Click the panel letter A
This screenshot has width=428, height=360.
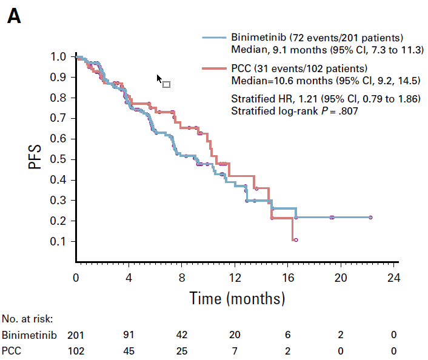(x=13, y=16)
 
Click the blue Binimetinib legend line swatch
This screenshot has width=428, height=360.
(x=214, y=38)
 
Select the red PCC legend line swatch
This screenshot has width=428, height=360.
(x=214, y=68)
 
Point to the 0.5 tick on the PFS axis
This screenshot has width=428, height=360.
(x=73, y=159)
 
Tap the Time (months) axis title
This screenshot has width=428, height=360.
(x=236, y=298)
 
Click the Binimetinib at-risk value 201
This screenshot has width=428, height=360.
(x=76, y=335)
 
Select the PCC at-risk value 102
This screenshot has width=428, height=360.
(x=76, y=350)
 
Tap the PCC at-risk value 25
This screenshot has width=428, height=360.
(x=182, y=350)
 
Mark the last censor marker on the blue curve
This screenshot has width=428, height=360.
(x=370, y=217)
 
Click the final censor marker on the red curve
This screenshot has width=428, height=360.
(x=296, y=240)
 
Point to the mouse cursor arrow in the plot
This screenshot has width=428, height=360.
(x=159, y=79)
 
